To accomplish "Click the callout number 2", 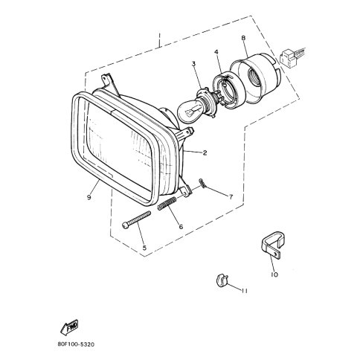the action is (205, 152).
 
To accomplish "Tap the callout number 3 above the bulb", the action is (193, 64).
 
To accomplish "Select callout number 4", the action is (216, 52).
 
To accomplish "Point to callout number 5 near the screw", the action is (144, 248).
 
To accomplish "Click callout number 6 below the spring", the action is (181, 227).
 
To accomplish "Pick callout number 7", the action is (231, 197).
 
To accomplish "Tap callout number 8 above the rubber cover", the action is (243, 38).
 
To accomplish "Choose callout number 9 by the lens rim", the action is (89, 197).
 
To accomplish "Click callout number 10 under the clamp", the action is (274, 274).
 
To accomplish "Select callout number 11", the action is (245, 291).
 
